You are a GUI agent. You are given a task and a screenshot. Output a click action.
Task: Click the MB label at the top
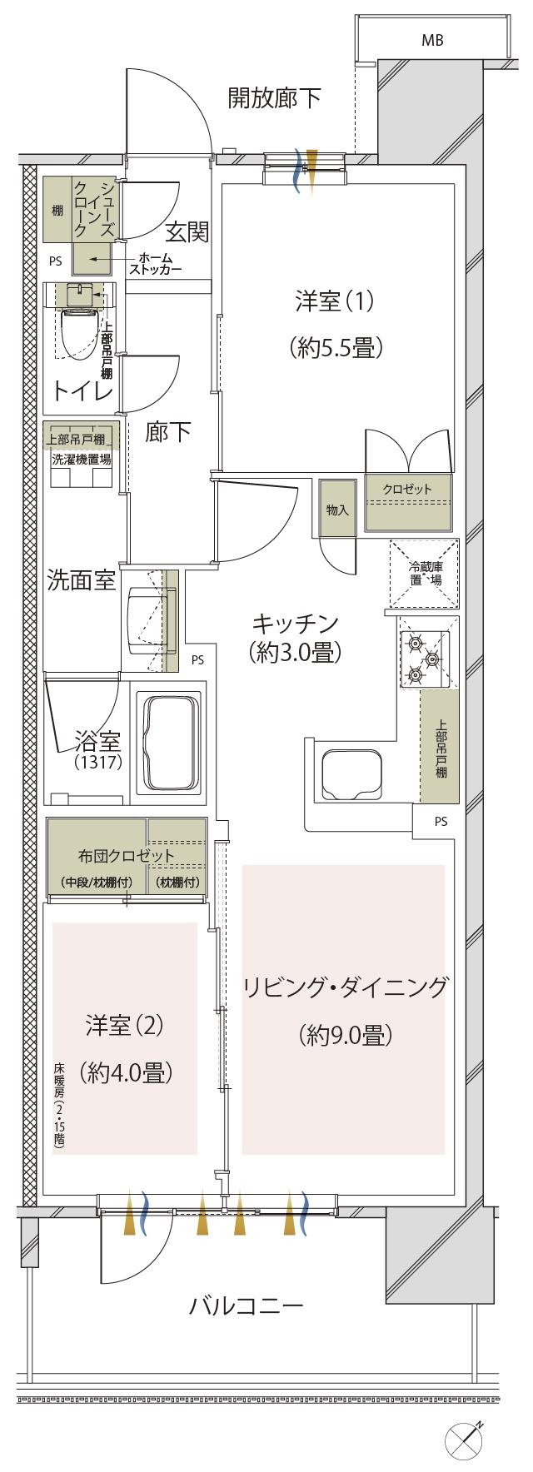pos(432,39)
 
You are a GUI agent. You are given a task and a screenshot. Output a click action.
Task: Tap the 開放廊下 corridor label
pos(275,98)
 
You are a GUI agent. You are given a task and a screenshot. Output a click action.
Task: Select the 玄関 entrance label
pos(186,232)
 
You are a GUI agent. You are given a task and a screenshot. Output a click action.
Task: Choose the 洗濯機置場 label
pos(82,458)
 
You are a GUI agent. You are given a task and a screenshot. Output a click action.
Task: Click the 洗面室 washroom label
pos(81,581)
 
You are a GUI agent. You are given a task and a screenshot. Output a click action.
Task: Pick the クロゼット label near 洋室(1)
pos(407,489)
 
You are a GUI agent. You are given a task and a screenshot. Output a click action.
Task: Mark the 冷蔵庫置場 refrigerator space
pos(425,574)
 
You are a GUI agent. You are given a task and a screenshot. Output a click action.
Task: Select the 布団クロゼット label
pos(127,855)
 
